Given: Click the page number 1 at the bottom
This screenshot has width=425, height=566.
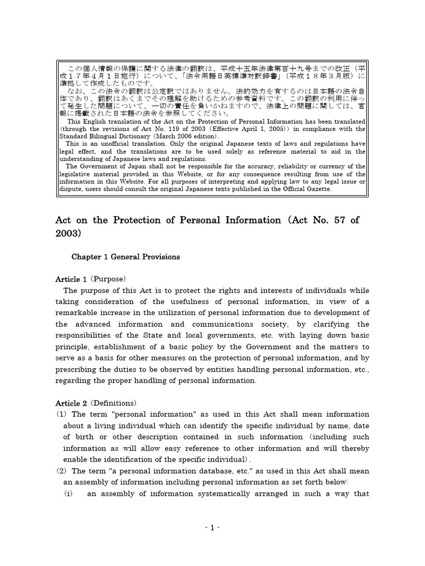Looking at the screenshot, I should pyautogui.click(x=212, y=528).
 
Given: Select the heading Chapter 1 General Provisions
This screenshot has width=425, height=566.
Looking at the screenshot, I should pyautogui.click(x=126, y=257).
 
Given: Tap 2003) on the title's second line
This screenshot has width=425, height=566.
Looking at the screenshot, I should pyautogui.click(x=68, y=233).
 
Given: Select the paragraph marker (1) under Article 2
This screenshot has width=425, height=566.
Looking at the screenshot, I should pyautogui.click(x=61, y=414).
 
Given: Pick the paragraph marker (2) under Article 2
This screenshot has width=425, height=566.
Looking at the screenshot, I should pyautogui.click(x=61, y=471).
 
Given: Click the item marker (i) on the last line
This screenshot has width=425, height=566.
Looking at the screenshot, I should pyautogui.click(x=70, y=494).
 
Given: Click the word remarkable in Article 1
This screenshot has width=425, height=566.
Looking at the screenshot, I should pyautogui.click(x=78, y=313).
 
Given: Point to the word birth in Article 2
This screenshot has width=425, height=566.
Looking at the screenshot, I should pyautogui.click(x=87, y=437).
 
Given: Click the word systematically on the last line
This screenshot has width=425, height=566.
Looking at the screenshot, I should pyautogui.click(x=199, y=494).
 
